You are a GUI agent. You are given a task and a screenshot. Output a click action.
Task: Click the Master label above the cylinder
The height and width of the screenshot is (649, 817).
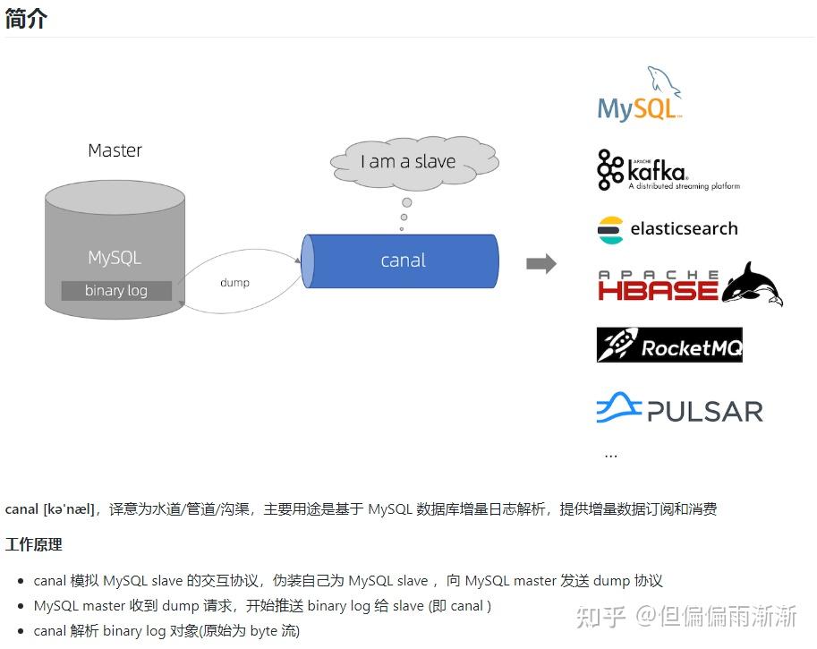115,150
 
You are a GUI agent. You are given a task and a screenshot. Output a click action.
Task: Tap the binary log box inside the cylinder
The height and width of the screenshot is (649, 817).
115,290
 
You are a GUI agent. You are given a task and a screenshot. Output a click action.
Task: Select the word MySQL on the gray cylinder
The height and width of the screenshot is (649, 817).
115,258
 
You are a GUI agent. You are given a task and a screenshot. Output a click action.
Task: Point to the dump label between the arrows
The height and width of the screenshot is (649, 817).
234,282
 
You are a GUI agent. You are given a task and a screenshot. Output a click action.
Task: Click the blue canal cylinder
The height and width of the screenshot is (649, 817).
402,260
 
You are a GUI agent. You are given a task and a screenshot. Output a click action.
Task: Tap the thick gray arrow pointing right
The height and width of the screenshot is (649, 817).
540,263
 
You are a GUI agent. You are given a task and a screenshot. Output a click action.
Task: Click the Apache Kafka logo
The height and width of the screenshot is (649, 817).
667,169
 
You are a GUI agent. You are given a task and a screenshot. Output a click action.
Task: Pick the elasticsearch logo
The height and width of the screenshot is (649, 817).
668,229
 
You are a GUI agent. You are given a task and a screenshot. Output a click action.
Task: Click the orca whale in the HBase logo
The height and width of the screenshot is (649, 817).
754,284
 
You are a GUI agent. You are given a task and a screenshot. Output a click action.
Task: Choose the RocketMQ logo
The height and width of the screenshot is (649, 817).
669,346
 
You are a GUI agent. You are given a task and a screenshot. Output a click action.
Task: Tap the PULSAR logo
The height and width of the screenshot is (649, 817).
679,410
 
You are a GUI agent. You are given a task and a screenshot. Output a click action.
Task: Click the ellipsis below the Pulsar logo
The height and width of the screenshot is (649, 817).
610,455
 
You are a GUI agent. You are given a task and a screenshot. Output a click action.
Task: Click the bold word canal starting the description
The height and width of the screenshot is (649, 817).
21,509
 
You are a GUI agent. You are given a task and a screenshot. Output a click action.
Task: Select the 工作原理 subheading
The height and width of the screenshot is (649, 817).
34,544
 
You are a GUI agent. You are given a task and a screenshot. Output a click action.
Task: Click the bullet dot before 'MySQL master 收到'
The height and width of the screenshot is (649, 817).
21,607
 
